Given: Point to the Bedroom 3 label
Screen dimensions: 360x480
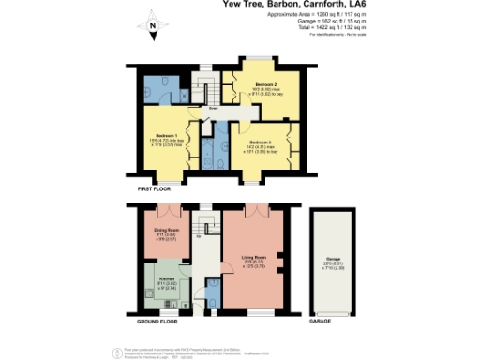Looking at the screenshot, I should [260, 142].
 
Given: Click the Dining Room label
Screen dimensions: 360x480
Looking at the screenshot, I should [166, 229].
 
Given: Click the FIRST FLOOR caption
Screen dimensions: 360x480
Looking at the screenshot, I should [155, 189].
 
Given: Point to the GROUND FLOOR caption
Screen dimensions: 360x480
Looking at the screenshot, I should [157, 322].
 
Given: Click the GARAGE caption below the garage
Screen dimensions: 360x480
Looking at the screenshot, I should [320, 322].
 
